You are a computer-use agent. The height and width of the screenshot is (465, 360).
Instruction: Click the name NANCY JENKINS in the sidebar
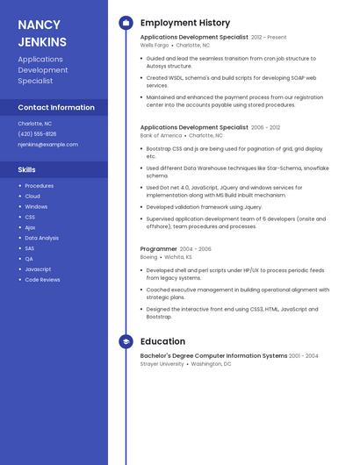coord(42,33)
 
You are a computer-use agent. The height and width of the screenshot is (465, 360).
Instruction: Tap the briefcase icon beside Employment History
coord(126,23)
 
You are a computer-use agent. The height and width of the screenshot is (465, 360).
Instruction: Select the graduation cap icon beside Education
coord(126,341)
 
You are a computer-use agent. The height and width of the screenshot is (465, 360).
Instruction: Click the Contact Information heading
coord(56,107)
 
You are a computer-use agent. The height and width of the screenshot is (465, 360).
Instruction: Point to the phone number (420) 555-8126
coord(37,134)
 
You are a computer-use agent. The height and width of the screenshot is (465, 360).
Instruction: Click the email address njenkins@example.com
coord(47,145)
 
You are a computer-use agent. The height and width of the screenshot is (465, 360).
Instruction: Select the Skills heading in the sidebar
coord(27,169)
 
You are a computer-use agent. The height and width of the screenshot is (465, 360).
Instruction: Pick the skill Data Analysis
coord(41,238)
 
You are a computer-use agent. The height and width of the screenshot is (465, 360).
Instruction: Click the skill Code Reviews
coord(42,280)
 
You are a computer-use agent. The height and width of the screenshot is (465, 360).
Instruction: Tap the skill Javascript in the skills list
coord(38,269)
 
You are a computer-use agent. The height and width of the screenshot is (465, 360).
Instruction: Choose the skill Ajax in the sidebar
coord(30,227)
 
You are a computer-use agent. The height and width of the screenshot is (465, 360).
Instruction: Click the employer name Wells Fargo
coord(155,45)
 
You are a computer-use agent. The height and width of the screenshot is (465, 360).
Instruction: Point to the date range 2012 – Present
coord(269,38)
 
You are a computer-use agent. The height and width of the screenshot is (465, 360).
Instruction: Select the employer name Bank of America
coord(161,136)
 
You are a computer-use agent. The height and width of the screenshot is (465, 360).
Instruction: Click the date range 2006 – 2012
coord(265,128)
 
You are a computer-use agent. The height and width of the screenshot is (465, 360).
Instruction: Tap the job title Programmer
coord(159,249)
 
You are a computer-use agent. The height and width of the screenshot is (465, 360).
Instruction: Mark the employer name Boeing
coord(148,257)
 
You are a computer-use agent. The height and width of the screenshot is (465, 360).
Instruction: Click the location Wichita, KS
coord(176,257)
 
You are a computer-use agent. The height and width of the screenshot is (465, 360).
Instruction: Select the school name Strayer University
coord(162,363)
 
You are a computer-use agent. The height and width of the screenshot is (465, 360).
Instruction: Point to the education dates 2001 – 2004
coord(304,356)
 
